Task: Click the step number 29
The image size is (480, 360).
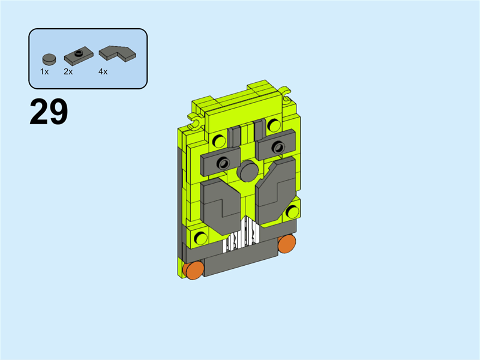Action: (49, 112)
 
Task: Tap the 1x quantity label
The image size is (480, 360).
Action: (44, 71)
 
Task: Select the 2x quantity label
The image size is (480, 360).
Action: (68, 71)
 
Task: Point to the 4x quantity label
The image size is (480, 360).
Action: (103, 71)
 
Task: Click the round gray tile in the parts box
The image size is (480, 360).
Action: (49, 59)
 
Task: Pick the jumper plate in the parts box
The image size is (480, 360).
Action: (79, 56)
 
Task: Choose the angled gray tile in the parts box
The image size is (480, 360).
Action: (118, 53)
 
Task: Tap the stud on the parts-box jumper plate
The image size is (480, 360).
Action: (79, 53)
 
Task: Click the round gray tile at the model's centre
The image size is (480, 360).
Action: (248, 171)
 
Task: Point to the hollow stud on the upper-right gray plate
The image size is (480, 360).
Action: (278, 148)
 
